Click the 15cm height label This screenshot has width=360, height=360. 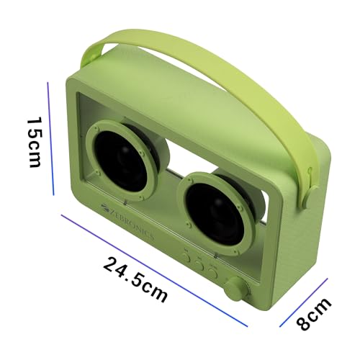[x=34, y=143]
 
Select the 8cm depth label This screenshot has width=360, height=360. [x=314, y=315]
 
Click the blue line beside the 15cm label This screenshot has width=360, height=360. [x=50, y=139]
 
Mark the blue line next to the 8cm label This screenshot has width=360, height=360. [x=304, y=302]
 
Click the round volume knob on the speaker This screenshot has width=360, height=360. [x=237, y=289]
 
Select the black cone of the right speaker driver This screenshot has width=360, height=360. [x=215, y=215]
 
